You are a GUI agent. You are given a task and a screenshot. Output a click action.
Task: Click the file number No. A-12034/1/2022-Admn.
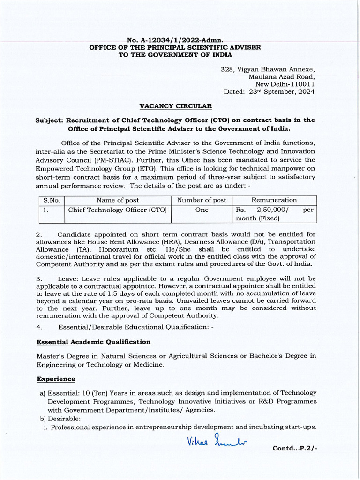click(175, 41)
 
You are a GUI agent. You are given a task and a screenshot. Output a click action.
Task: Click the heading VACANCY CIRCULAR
click(175, 106)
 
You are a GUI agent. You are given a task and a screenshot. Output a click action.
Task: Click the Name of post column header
click(117, 200)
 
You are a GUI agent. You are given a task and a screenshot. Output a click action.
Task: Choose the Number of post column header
click(202, 200)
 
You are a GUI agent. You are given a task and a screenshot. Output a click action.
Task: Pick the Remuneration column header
click(274, 200)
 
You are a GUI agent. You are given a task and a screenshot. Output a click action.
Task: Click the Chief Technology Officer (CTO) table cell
click(118, 210)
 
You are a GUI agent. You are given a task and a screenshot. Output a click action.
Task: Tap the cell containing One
click(202, 210)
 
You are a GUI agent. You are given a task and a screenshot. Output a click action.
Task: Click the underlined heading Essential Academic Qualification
click(93, 342)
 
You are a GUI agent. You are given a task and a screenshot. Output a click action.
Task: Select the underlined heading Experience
click(56, 379)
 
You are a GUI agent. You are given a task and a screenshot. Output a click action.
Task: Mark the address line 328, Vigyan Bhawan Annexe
click(268, 69)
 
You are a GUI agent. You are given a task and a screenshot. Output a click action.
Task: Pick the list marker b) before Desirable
click(42, 419)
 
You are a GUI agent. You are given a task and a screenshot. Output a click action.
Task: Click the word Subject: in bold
click(50, 120)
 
